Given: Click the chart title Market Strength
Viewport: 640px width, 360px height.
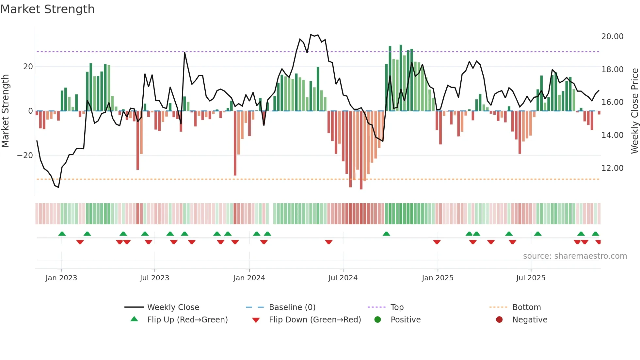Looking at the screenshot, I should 47,9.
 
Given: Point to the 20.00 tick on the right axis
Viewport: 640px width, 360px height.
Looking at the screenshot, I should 612,37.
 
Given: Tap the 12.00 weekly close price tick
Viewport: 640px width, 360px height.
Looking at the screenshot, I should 612,168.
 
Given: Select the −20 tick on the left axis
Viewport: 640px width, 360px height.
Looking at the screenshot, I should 25,155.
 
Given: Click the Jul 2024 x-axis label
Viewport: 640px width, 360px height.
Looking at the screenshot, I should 343,278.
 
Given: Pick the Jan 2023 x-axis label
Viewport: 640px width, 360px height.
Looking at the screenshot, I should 61,278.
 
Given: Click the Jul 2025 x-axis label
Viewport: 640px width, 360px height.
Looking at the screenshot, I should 531,278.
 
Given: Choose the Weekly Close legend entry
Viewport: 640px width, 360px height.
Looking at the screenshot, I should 173,307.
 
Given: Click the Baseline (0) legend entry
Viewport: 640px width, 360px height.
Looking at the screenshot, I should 292,307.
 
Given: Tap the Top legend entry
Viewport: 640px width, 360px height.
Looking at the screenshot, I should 397,307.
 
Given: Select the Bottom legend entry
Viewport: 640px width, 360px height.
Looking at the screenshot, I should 526,307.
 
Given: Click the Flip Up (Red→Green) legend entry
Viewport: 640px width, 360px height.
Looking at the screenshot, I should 187,320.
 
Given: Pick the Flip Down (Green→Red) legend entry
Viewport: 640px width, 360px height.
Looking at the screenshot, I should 315,320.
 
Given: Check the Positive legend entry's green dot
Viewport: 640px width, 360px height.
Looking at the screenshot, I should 378,320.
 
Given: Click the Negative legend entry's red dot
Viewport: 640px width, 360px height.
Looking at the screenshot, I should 499,320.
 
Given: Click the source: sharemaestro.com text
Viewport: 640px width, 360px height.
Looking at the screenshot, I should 575,256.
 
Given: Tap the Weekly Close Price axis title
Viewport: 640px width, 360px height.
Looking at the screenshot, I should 634,111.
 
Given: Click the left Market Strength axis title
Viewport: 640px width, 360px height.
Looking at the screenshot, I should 6,111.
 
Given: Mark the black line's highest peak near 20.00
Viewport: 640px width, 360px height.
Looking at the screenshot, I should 311,35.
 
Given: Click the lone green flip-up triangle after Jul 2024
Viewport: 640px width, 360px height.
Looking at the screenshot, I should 386,234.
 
